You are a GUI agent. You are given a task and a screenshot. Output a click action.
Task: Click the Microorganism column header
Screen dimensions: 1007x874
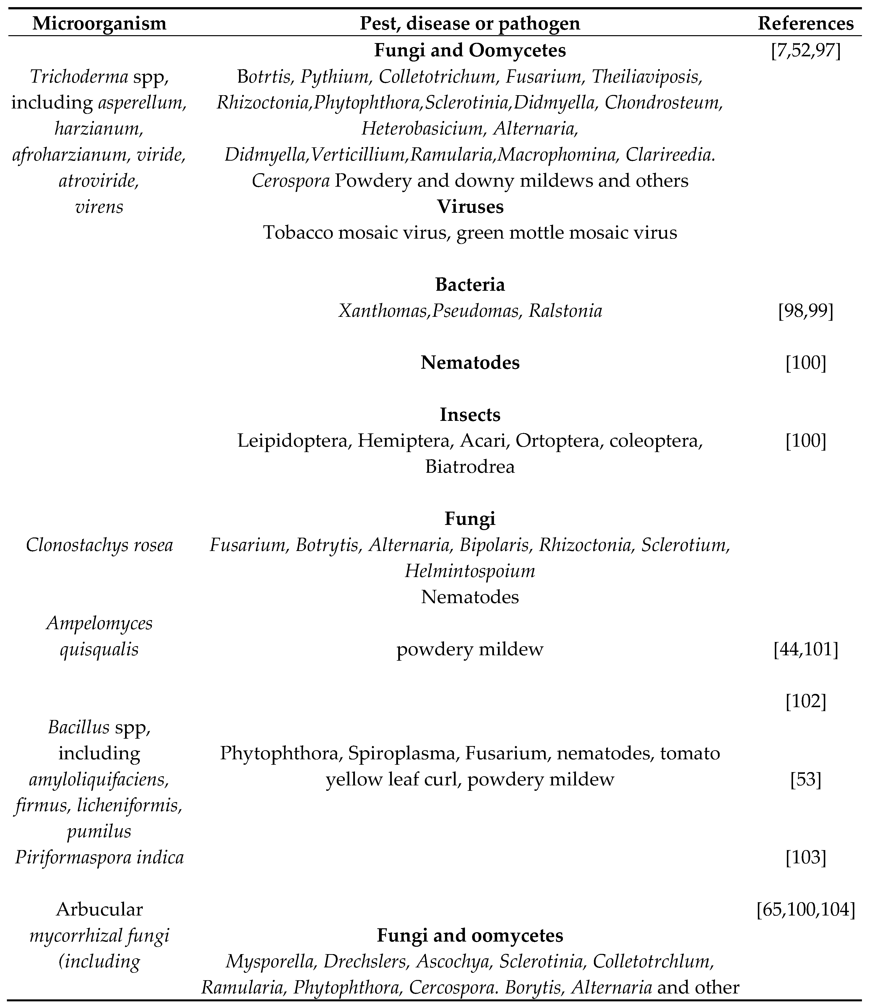point(99,23)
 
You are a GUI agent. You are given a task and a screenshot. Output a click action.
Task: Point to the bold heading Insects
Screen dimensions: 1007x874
point(470,415)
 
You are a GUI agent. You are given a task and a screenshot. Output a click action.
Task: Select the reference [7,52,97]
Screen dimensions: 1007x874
point(806,51)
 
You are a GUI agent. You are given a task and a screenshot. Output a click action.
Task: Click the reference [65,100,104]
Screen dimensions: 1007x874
point(806,910)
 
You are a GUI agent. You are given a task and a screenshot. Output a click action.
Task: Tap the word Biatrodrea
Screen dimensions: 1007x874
point(470,467)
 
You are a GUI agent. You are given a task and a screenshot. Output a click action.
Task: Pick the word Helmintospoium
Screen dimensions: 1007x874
point(470,571)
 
